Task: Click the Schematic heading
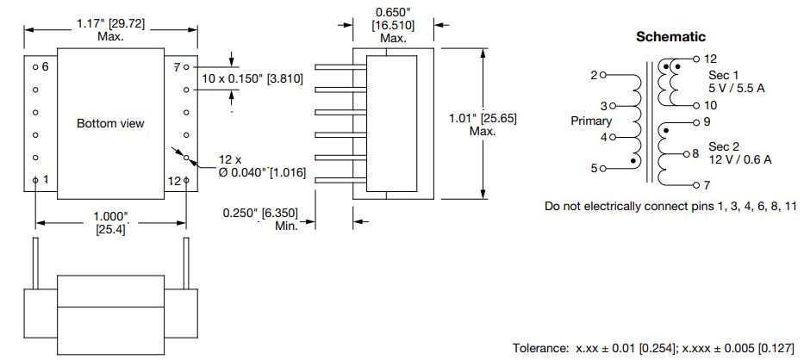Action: tap(670, 37)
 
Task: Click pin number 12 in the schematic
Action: tap(710, 59)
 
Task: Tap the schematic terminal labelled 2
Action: tap(594, 75)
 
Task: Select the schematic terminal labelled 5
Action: tap(594, 168)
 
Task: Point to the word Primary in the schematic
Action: tap(591, 121)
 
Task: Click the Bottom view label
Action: tap(110, 123)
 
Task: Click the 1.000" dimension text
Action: tap(110, 215)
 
